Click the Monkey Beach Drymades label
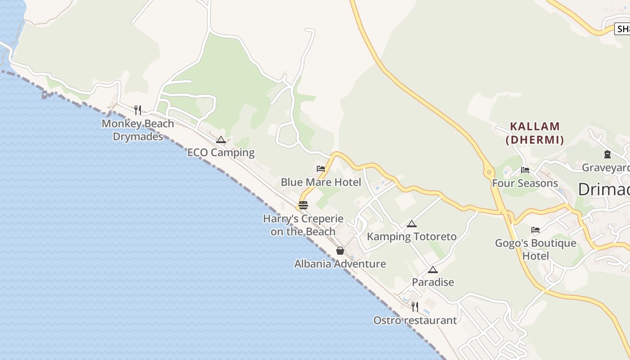(x=138, y=130)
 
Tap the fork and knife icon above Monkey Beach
(x=138, y=110)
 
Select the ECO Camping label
(x=221, y=153)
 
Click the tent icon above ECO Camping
(x=220, y=140)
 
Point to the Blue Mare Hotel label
(x=321, y=182)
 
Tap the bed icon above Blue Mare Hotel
(x=321, y=169)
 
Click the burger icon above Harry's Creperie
(x=303, y=206)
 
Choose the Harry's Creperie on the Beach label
(x=303, y=225)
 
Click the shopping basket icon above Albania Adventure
(x=340, y=251)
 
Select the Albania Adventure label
(x=340, y=264)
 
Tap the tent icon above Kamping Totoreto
(x=412, y=224)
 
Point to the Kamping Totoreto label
(x=412, y=236)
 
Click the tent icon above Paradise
(x=433, y=270)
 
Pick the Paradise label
(x=433, y=282)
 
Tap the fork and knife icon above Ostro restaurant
(x=415, y=307)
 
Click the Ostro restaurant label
(x=415, y=320)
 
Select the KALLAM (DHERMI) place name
(x=535, y=133)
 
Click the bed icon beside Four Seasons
(x=525, y=170)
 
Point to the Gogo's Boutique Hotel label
(x=535, y=249)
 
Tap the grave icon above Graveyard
(x=607, y=154)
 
